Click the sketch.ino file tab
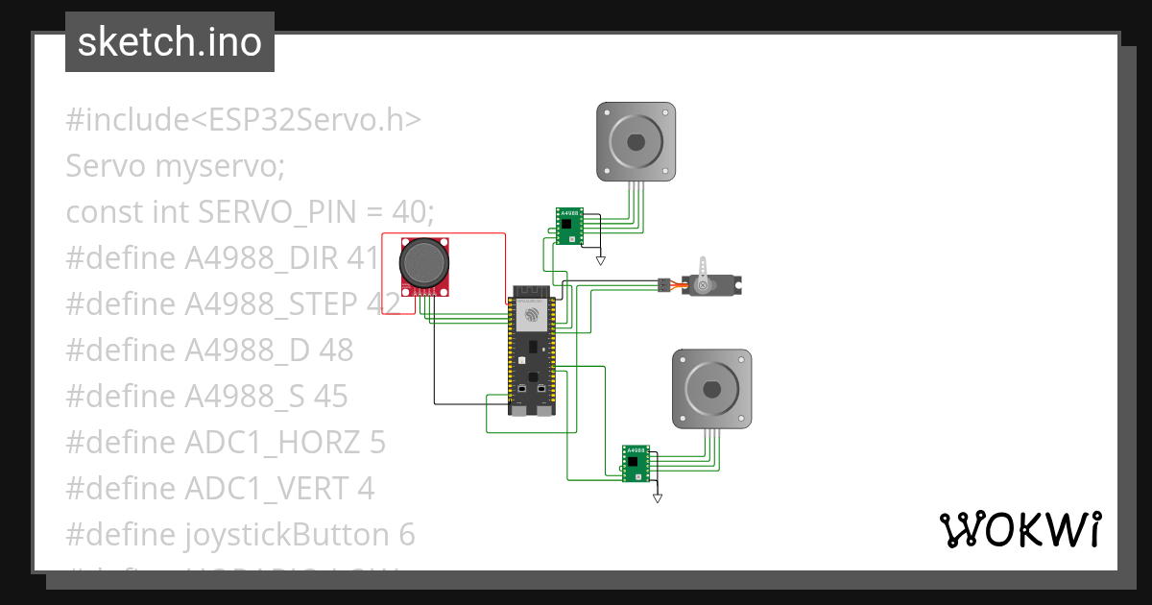(169, 42)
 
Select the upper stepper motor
(636, 142)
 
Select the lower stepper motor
(710, 389)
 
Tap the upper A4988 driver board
(569, 227)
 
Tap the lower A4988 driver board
(636, 463)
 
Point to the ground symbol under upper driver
(601, 260)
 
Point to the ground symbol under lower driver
(658, 498)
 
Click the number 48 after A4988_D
(336, 350)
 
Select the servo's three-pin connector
(662, 285)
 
